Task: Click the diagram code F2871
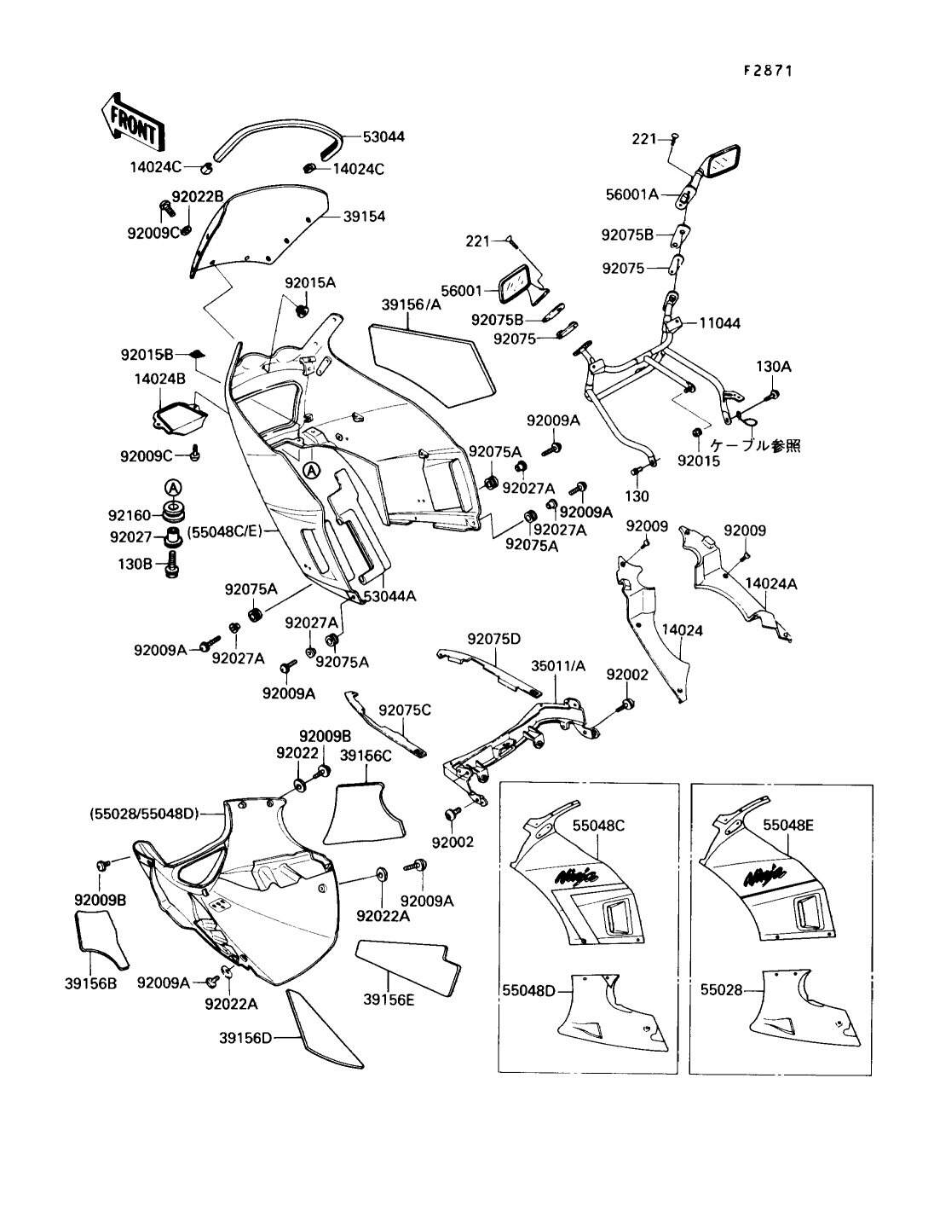(x=768, y=72)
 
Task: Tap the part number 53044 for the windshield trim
(x=383, y=136)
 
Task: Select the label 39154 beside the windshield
(x=364, y=217)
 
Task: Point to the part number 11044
(x=720, y=323)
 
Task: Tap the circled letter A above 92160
(x=173, y=488)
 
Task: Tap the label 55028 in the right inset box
(x=721, y=990)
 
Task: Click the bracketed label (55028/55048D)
(x=144, y=814)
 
